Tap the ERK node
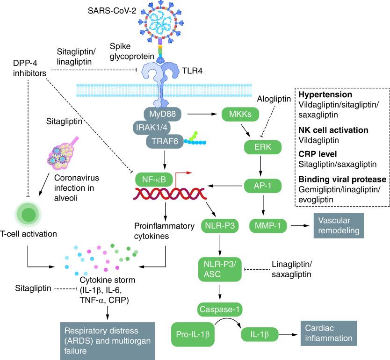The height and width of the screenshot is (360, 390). [x=263, y=148]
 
